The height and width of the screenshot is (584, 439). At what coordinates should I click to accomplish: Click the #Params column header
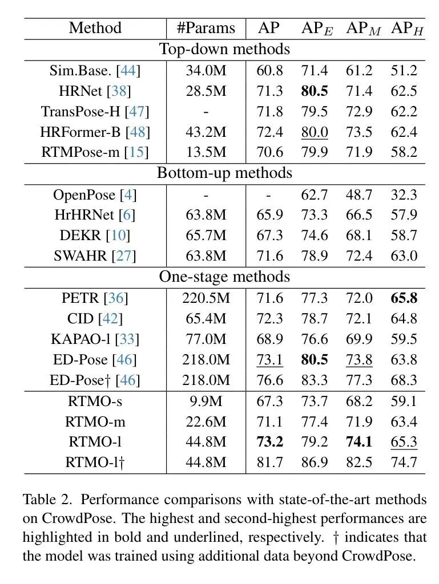tap(206, 28)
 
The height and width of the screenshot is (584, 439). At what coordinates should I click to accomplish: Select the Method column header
tap(95, 28)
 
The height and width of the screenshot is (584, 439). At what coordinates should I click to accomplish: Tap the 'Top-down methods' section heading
tap(224, 49)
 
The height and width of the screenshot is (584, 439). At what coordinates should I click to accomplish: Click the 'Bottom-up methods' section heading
tap(224, 173)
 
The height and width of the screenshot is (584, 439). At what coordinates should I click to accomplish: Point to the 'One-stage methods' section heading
tap(224, 277)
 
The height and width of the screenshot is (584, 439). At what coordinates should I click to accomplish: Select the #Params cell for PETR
tap(206, 298)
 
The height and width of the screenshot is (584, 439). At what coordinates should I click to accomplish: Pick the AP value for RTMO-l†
tap(269, 463)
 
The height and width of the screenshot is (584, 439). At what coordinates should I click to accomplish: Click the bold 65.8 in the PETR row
tap(404, 298)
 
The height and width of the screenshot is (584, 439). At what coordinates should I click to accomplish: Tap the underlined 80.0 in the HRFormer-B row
tap(315, 132)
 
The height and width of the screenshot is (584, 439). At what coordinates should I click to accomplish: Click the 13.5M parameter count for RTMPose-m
tap(206, 152)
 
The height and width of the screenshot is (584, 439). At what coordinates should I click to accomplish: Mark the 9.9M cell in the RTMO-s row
tap(206, 401)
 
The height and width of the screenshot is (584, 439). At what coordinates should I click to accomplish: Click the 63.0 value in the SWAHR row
tap(404, 256)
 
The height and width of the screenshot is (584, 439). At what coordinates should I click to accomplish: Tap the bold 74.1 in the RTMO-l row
tap(359, 442)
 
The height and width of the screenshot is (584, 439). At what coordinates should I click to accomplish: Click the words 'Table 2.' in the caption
tap(47, 500)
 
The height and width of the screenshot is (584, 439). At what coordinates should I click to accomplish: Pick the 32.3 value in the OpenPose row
tap(404, 194)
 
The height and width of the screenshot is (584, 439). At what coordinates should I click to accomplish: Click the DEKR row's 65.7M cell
tap(206, 236)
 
